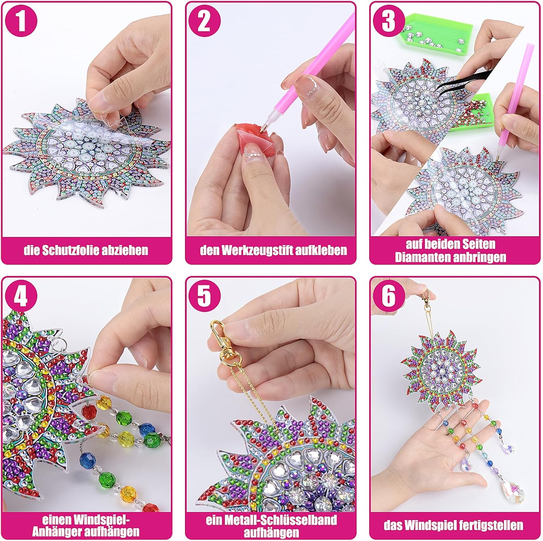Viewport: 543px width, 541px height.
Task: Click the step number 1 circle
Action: click(x=21, y=21)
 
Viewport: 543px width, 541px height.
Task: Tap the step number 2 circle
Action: click(x=204, y=21)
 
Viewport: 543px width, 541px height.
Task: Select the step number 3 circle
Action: click(x=388, y=21)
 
